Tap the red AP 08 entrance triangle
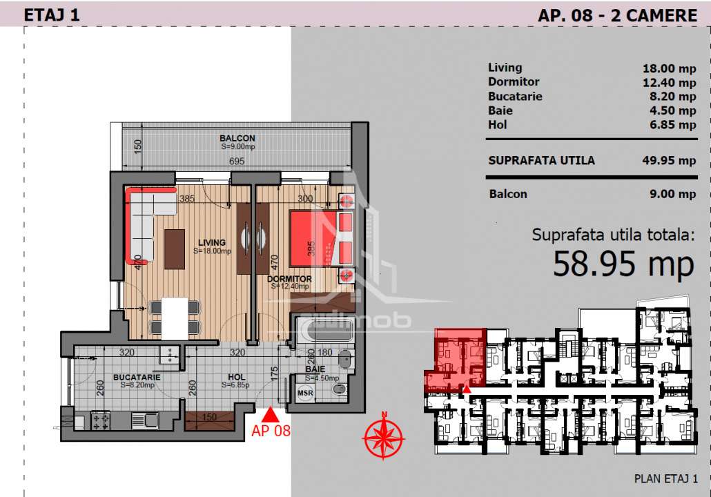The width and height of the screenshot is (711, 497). point(271,414)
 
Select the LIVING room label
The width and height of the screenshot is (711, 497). point(211,242)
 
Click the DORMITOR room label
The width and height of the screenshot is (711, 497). point(289,279)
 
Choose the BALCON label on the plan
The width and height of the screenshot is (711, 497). point(237,138)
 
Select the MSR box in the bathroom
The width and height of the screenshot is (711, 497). point(304,393)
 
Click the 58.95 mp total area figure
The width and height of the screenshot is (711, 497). point(623,264)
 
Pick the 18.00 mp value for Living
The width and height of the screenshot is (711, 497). point(668,68)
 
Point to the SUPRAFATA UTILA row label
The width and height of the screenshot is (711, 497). point(541,161)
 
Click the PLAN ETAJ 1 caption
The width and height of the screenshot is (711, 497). point(665,478)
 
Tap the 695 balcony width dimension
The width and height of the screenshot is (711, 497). point(238,162)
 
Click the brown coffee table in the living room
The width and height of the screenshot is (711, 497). point(175,248)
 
